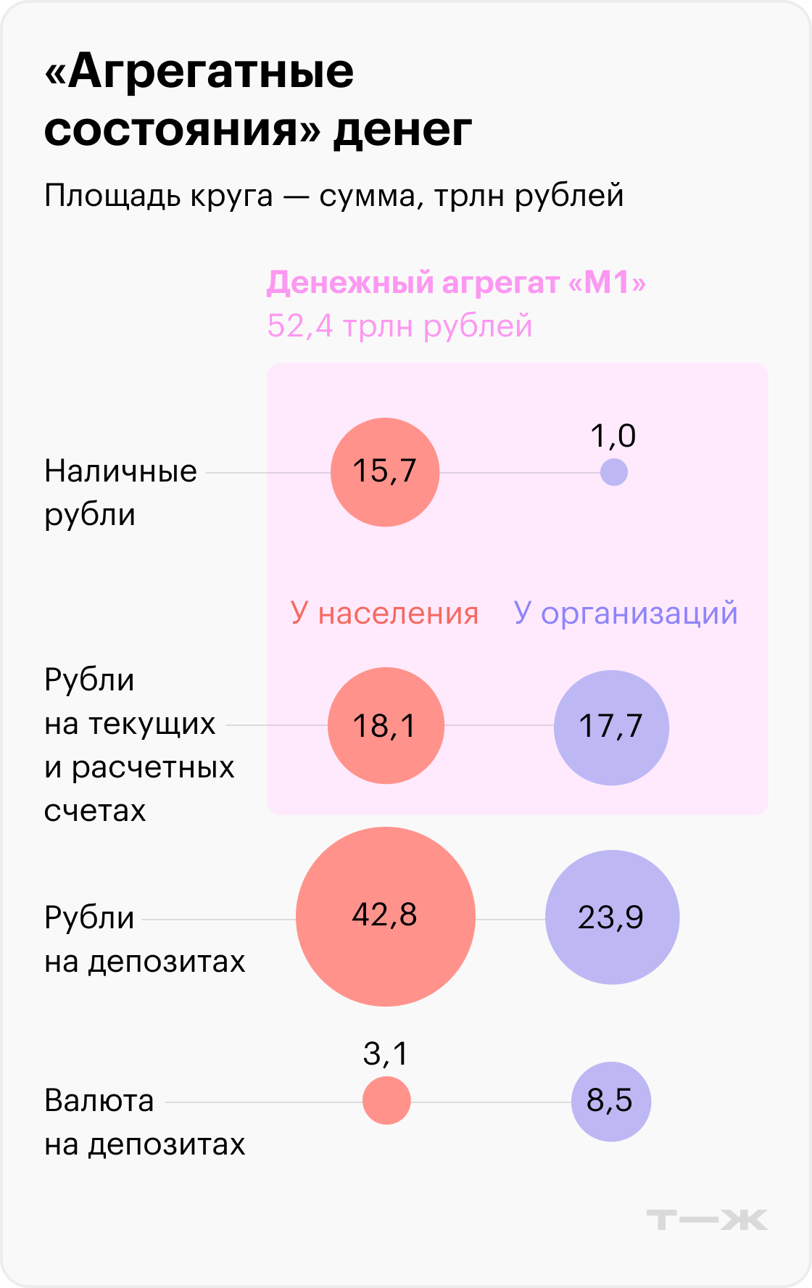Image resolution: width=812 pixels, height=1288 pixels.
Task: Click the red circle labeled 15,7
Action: (x=385, y=472)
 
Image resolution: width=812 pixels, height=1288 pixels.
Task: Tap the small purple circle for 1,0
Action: (x=613, y=473)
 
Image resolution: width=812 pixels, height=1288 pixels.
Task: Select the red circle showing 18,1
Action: (x=386, y=725)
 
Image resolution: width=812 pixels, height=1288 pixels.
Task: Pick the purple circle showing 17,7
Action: (x=611, y=727)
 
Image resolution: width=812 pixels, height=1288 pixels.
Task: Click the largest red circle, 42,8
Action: (x=386, y=917)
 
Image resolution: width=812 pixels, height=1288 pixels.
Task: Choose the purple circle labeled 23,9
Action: (x=612, y=917)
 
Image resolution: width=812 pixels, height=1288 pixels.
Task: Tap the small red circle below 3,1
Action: (x=386, y=1100)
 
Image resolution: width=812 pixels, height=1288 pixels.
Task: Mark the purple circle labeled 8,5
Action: (x=611, y=1102)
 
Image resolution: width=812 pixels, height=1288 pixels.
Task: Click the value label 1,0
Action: (x=613, y=436)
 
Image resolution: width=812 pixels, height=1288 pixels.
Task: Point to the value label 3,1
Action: (x=386, y=1053)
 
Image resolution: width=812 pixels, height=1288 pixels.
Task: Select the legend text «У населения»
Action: (x=384, y=614)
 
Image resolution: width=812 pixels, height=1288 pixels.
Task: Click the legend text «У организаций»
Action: (x=626, y=613)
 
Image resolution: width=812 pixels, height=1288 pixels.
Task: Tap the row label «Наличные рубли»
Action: (x=120, y=492)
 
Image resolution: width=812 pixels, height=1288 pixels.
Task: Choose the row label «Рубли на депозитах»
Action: (x=144, y=939)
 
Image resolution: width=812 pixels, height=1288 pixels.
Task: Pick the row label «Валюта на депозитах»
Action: (x=144, y=1122)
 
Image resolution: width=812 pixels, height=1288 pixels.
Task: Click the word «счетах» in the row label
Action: (x=95, y=811)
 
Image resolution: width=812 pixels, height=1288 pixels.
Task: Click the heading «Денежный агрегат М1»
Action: (x=456, y=283)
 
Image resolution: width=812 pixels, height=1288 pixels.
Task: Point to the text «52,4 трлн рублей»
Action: (x=399, y=326)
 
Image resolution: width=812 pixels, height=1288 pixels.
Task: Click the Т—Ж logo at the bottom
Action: (x=707, y=1220)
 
